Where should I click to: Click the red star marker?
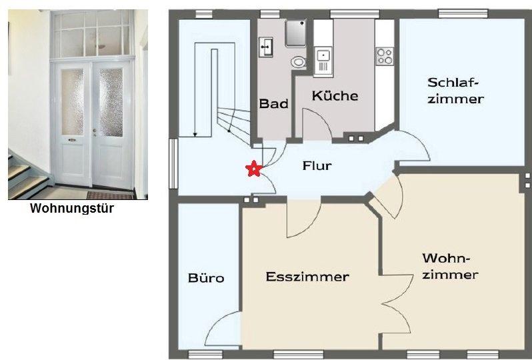click(x=253, y=169)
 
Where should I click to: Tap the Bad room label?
click(x=273, y=104)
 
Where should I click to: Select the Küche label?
click(x=335, y=96)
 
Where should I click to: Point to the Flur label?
click(x=317, y=166)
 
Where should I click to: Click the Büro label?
click(x=206, y=278)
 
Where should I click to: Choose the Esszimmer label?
click(x=307, y=277)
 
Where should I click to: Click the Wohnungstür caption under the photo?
click(x=73, y=209)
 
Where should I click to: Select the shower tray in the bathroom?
click(x=295, y=33)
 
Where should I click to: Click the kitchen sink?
click(x=323, y=59)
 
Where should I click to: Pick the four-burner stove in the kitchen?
click(x=385, y=56)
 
